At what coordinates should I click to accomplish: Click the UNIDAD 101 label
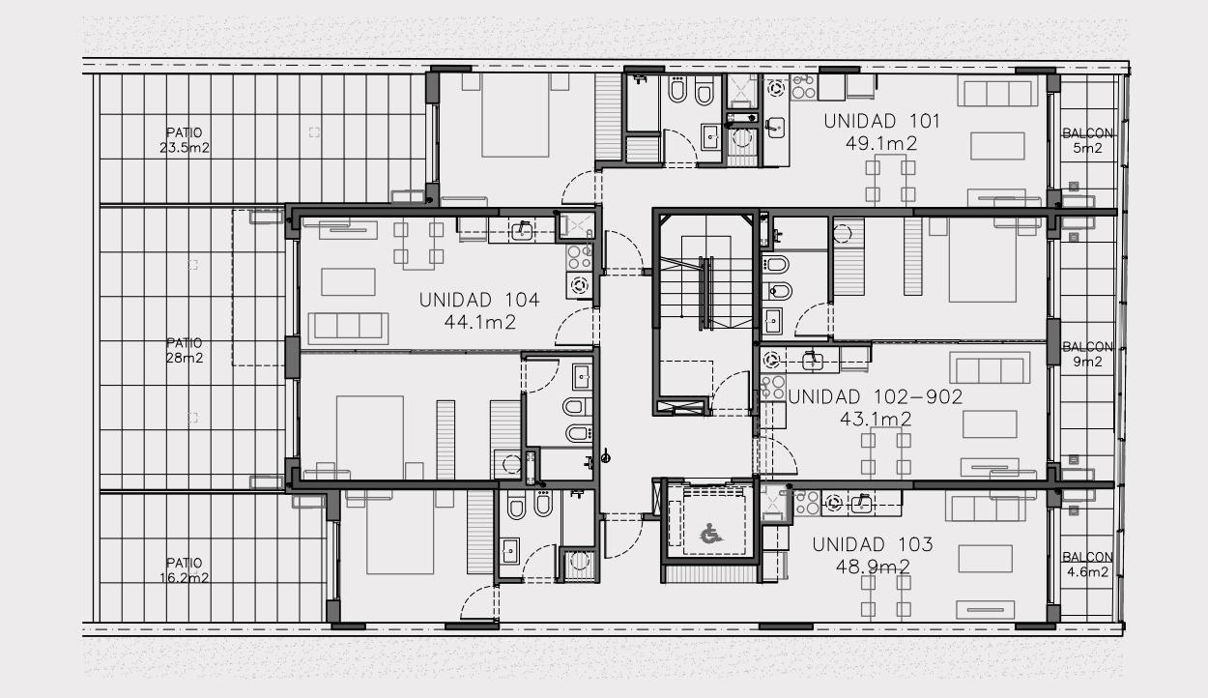click(x=881, y=121)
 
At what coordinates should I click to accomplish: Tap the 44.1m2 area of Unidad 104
click(x=480, y=323)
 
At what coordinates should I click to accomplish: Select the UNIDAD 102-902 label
click(x=876, y=397)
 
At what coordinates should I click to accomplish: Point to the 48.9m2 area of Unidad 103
click(x=873, y=567)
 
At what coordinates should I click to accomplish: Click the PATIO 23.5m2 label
click(x=185, y=140)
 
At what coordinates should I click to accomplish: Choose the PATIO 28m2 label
click(x=185, y=350)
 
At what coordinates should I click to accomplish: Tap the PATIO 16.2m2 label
click(x=185, y=570)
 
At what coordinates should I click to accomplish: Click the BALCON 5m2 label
click(x=1087, y=140)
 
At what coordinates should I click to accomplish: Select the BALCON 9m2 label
click(x=1087, y=354)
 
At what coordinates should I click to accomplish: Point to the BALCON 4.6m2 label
click(x=1087, y=565)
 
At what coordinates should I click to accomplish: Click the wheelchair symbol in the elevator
click(x=710, y=535)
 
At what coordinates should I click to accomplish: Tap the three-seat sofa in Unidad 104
click(x=348, y=328)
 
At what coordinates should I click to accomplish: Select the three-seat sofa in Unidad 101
click(x=997, y=91)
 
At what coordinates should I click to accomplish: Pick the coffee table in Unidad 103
click(x=986, y=558)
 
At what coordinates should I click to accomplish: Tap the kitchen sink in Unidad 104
click(x=522, y=231)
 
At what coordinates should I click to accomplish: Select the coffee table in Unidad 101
click(x=997, y=146)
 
